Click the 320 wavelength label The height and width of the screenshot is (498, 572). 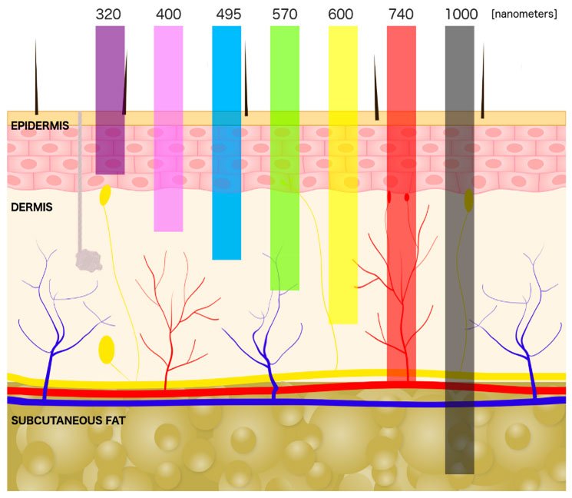click(x=110, y=15)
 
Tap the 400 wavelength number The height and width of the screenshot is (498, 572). click(x=168, y=15)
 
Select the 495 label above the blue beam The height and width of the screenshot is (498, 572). click(x=226, y=15)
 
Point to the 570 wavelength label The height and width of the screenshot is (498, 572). click(x=284, y=15)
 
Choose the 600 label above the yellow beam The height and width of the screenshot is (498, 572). click(x=342, y=15)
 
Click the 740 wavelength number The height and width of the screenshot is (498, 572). click(x=401, y=15)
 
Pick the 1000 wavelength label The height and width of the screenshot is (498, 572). click(x=459, y=15)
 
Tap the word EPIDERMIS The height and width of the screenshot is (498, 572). click(x=39, y=124)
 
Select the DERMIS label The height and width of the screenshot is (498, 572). click(x=31, y=207)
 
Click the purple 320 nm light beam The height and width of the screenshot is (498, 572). click(x=110, y=100)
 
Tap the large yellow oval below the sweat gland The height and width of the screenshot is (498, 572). click(x=106, y=350)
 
